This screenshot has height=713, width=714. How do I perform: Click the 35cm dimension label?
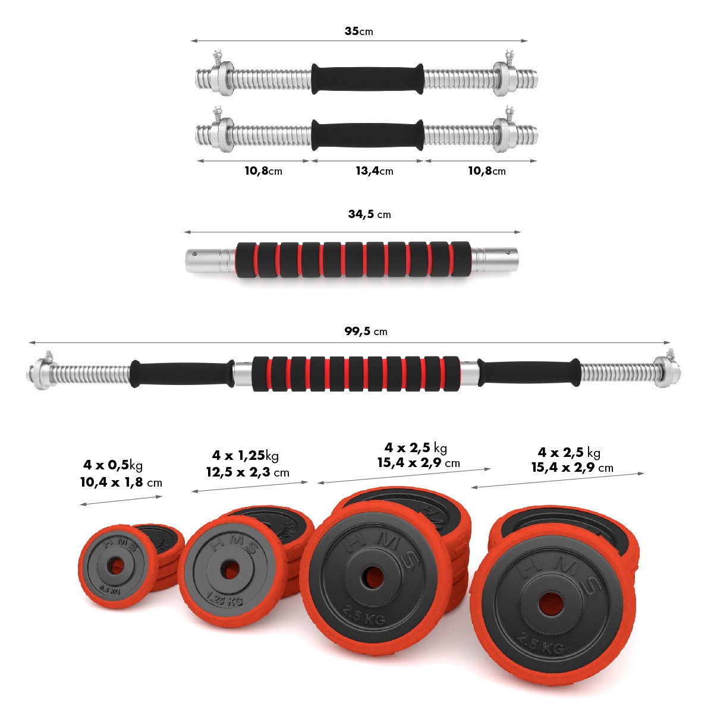(x=358, y=31)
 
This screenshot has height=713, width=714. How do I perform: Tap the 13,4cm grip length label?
(x=374, y=171)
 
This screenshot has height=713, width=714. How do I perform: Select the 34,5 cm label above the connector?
(x=369, y=214)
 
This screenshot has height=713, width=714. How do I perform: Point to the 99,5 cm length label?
(x=366, y=331)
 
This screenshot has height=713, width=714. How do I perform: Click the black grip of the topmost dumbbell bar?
(x=367, y=79)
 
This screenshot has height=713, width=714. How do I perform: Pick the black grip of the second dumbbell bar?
(x=367, y=135)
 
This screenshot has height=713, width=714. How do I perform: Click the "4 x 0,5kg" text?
(x=112, y=465)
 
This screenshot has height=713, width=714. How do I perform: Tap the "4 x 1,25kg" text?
(x=246, y=455)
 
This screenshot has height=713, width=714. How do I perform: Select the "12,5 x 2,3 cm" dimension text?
(x=247, y=472)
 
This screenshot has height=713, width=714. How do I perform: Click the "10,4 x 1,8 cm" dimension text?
(x=121, y=482)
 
